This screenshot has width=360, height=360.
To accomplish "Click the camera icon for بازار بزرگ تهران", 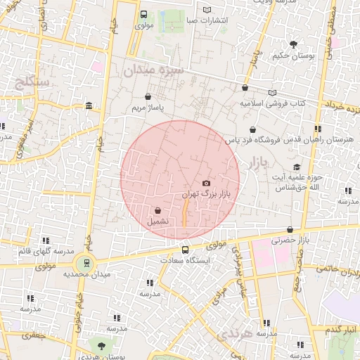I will click(206, 184).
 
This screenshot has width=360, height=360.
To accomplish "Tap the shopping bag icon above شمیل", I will click(157, 210).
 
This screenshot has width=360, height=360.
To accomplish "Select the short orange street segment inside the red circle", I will click(185, 213).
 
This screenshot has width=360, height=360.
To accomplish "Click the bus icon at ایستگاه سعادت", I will click(186, 250).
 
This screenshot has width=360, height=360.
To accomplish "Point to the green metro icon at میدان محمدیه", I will click(86, 264).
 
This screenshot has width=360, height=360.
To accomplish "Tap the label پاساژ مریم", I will click(148, 109).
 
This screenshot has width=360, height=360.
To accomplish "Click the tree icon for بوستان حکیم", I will click(293, 44).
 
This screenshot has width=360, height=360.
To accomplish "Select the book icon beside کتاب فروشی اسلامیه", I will click(273, 92).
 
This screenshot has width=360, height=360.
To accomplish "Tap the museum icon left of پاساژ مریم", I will click(88, 106).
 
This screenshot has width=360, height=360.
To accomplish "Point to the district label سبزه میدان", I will click(153, 70).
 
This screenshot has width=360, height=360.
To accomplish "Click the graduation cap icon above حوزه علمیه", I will click(297, 167).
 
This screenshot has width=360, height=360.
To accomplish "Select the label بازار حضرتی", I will click(290, 240).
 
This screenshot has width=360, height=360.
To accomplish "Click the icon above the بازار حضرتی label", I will click(290, 229).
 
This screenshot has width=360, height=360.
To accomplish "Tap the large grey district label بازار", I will click(259, 163).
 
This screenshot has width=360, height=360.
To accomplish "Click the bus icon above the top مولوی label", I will click(144, 14).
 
